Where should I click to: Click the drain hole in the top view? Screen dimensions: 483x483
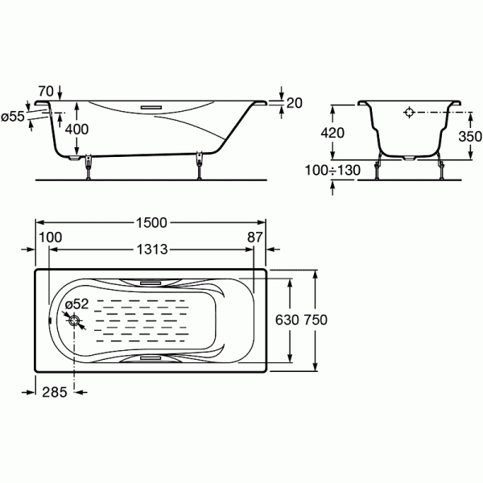tap(75, 321)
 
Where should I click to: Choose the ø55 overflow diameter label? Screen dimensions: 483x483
tap(14, 117)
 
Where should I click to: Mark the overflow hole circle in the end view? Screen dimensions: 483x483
tap(409, 114)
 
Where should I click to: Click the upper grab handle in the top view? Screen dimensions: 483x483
tap(151, 283)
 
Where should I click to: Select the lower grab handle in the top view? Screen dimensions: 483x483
tap(151, 357)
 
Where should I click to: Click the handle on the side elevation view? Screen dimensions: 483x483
tap(151, 104)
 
